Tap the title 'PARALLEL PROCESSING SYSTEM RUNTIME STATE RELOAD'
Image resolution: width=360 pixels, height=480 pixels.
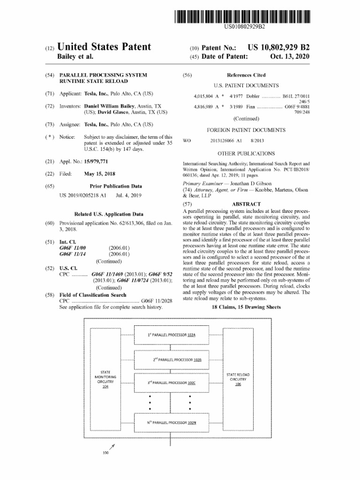(x=103, y=78)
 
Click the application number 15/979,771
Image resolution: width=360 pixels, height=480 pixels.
(x=99, y=161)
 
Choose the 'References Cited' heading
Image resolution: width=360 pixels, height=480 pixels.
(x=246, y=75)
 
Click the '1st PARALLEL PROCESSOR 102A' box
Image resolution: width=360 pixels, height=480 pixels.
(x=171, y=335)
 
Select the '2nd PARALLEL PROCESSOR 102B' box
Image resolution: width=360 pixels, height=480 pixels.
(x=171, y=360)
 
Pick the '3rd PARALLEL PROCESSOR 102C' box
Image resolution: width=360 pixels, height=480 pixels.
(x=171, y=383)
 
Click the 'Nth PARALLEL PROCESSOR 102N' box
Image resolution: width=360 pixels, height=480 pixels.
(x=171, y=422)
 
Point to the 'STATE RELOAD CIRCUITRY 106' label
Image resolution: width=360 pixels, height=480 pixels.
(x=238, y=379)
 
